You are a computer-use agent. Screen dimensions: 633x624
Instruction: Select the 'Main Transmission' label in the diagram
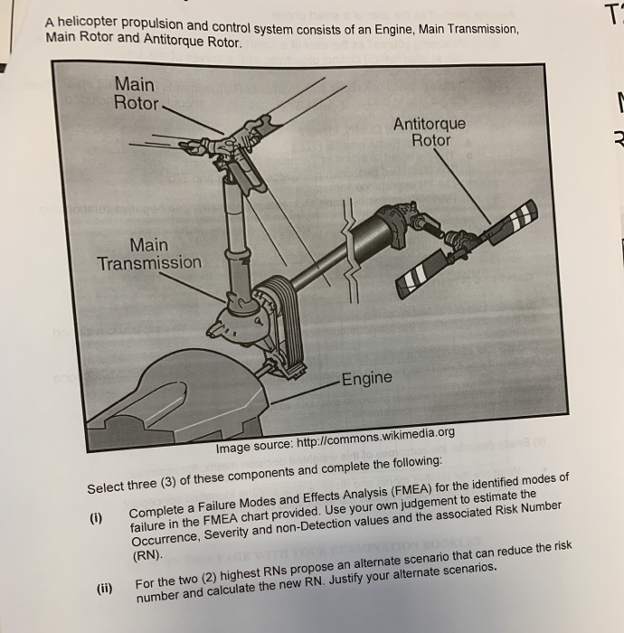tap(149, 254)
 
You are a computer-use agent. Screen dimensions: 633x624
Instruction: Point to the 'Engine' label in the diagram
tap(367, 377)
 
